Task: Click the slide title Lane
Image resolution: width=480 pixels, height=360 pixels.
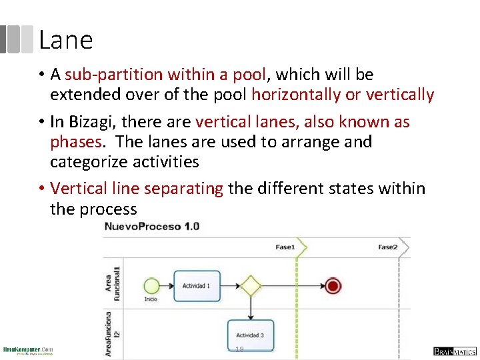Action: click(65, 40)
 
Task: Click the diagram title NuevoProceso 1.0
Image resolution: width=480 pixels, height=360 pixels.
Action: click(151, 227)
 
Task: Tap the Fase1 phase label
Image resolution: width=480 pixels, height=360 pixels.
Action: click(285, 247)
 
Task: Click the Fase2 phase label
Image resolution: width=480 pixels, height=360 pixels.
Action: click(387, 247)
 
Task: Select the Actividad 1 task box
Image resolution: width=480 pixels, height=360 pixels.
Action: click(197, 286)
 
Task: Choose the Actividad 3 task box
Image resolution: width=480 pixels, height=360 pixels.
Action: click(250, 335)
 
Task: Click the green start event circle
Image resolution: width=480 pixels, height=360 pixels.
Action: click(152, 286)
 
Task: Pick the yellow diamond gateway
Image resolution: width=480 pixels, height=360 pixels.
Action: click(251, 286)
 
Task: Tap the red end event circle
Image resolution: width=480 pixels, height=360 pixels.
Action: click(333, 286)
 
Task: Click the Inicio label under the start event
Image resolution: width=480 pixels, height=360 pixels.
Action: click(151, 299)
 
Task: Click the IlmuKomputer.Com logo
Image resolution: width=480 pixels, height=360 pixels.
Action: click(28, 351)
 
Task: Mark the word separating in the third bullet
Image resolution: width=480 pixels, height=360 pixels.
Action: click(183, 189)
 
